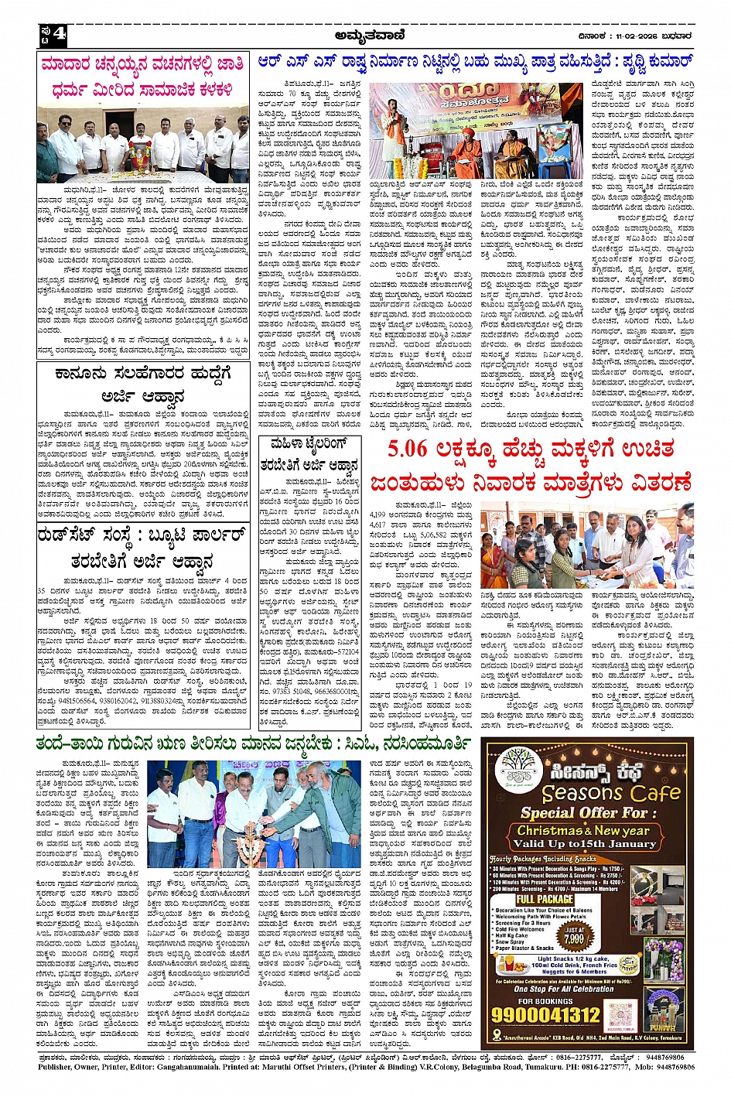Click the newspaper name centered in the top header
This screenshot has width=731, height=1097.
pos(370,35)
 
